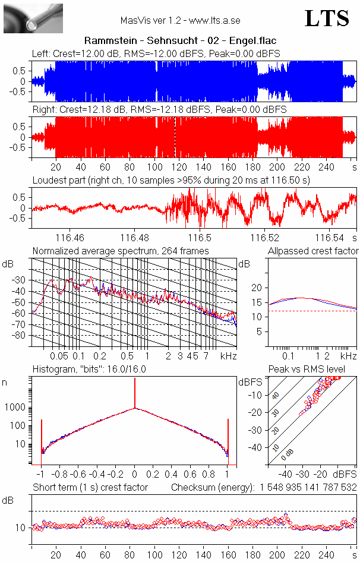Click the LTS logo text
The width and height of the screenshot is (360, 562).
[x=326, y=18]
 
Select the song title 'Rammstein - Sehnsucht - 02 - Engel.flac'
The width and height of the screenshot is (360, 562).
[x=180, y=41]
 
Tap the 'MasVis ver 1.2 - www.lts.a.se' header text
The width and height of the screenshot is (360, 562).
[x=180, y=21]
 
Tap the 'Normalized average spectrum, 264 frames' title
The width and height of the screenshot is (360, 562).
[x=121, y=251]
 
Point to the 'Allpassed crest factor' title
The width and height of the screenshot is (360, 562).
[x=313, y=251]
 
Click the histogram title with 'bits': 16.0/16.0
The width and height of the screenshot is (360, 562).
[x=89, y=370]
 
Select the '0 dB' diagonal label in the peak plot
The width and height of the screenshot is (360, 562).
[x=289, y=455]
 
